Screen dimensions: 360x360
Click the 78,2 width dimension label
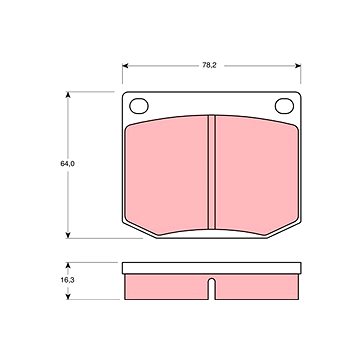coord(209,66)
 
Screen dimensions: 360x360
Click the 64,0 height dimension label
coord(67,164)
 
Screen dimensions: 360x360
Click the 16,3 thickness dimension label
coord(67,280)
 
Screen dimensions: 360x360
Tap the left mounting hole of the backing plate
coord(139,106)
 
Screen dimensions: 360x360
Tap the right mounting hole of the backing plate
coord(284,106)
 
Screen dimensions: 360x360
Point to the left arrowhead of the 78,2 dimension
coord(125,66)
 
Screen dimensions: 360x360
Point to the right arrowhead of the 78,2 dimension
coord(298,66)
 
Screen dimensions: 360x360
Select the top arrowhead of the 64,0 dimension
coord(68,95)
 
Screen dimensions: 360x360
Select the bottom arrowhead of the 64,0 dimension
coord(68,235)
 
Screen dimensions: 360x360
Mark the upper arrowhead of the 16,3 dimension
coord(68,266)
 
